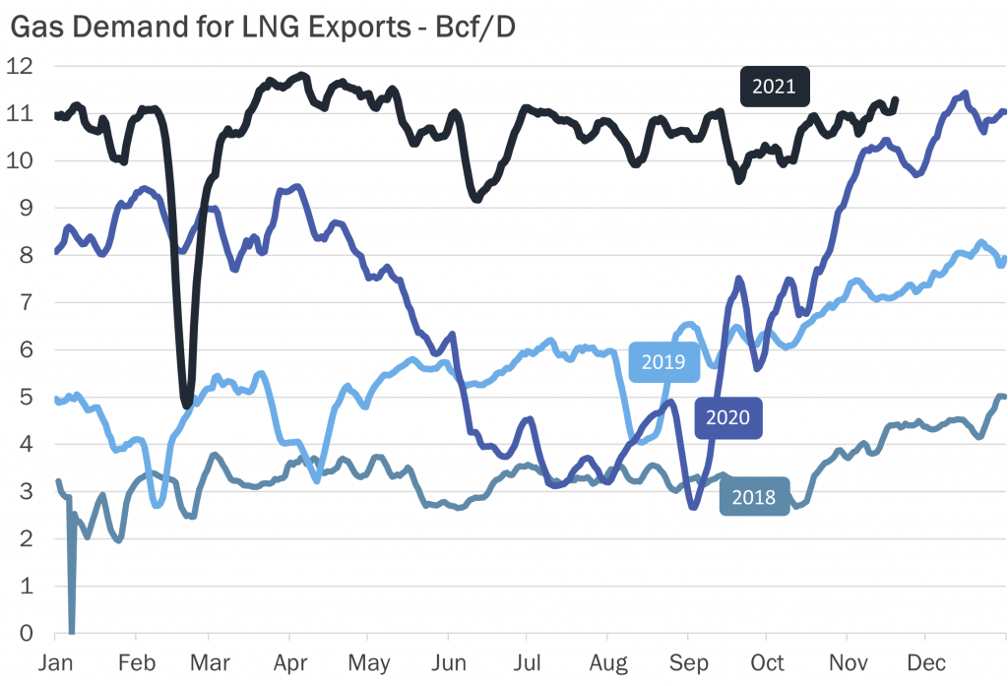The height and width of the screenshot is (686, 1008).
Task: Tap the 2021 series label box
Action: [774, 87]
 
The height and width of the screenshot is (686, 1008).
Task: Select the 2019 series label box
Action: [663, 361]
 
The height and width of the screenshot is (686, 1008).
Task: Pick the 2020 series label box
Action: [728, 417]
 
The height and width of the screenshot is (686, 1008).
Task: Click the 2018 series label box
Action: [753, 497]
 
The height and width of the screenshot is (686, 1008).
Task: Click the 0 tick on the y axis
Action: [26, 633]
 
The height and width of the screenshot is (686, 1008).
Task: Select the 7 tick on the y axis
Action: [26, 303]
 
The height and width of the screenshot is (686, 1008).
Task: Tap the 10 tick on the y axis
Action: [20, 161]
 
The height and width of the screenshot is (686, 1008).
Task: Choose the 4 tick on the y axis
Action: [26, 445]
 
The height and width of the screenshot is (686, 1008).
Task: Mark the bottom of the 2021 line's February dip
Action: [187, 402]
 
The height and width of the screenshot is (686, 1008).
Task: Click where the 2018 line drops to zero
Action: [71, 631]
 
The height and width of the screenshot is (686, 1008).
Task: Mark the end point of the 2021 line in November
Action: [894, 99]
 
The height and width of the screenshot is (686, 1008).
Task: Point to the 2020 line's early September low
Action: [693, 506]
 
